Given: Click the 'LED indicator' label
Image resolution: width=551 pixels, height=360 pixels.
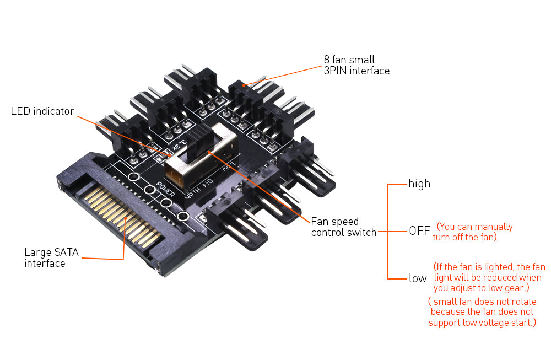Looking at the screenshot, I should tap(42, 111).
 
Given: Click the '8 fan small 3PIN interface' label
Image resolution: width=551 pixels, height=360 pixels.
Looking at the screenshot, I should tap(356, 65).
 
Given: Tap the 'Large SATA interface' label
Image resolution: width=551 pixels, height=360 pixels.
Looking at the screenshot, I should tap(51, 258).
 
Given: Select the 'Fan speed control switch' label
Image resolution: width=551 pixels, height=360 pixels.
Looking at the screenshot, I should tap(343, 227).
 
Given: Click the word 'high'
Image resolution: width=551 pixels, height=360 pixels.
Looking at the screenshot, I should tap(419, 184).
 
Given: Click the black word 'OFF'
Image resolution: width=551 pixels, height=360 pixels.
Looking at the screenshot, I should tap(419, 231).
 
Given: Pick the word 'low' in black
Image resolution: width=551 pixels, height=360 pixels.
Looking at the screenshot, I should tap(418, 278).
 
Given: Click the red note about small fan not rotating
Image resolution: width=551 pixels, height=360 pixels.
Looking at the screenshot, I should tap(482, 312).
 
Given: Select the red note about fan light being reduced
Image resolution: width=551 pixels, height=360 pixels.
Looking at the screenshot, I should tap(488, 277).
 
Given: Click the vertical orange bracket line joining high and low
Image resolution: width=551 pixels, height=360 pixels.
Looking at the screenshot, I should tap(388, 231).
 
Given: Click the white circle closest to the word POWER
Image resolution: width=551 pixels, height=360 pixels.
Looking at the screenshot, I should tap(149, 190).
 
